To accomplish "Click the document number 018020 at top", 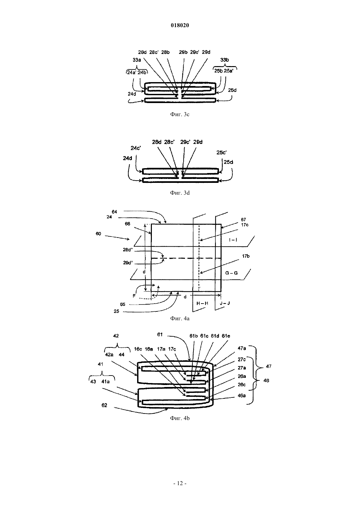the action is (x=180, y=26).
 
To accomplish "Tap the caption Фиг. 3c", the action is (x=180, y=114).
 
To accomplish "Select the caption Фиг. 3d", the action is (x=180, y=193).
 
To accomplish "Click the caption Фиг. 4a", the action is (x=180, y=318).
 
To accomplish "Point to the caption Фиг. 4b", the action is (x=180, y=418).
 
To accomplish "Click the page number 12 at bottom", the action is (x=180, y=483).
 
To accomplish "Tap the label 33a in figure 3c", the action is (x=137, y=60).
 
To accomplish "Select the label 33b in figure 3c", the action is (x=225, y=60).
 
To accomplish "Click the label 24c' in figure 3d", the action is (x=136, y=148).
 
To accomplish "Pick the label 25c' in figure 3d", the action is (x=222, y=152).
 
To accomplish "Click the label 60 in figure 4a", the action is (x=99, y=234).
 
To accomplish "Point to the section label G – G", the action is (x=231, y=273).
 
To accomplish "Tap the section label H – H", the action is (x=202, y=303).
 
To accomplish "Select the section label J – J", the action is (x=225, y=303).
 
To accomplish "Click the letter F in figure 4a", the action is (x=134, y=296).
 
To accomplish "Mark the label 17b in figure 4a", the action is (x=246, y=256).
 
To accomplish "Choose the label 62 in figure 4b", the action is (x=104, y=405).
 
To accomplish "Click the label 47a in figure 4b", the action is (x=242, y=348).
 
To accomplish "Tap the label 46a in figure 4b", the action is (x=242, y=395).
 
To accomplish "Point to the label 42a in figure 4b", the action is (x=109, y=355).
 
